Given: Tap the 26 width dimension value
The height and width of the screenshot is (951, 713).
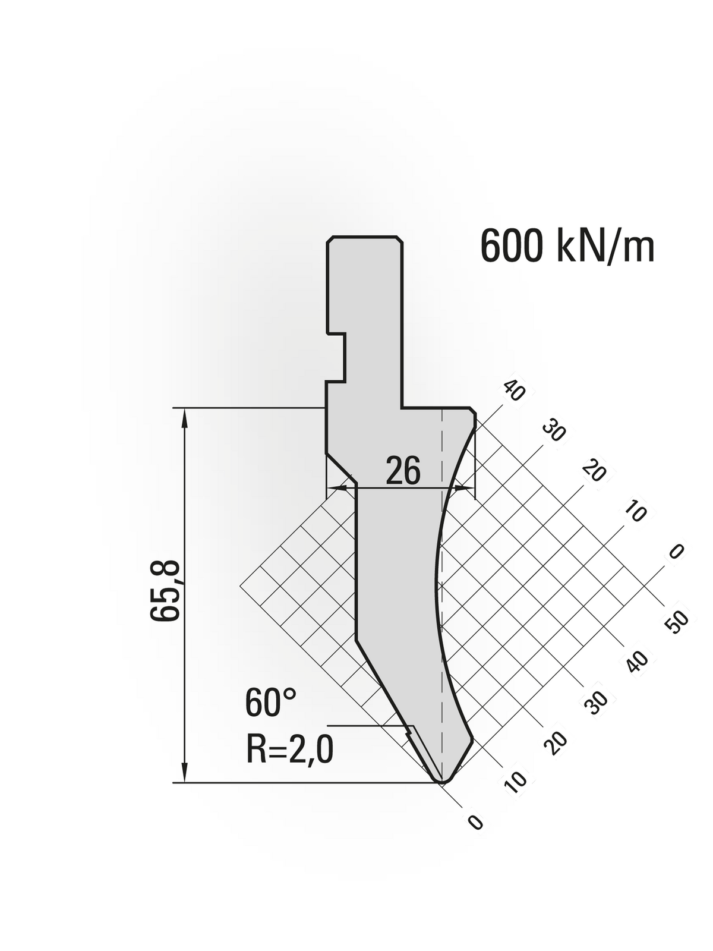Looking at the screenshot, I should coord(403,471).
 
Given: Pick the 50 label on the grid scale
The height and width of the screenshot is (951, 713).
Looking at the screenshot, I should coord(677,622).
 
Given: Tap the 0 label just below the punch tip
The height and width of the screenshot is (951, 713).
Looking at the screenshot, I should coord(475,822).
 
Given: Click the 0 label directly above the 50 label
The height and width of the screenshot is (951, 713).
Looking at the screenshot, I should coord(676,552).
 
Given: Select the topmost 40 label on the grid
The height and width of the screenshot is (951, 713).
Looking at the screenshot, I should coord(513,391).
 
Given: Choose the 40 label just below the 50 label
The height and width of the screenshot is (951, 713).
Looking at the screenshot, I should coord(636,661).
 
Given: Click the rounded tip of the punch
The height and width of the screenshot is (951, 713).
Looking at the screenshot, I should coord(442,778).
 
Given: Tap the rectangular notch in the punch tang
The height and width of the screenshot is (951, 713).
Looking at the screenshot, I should coord(336,356).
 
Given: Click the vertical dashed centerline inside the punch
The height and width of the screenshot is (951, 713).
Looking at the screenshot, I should coord(442,594).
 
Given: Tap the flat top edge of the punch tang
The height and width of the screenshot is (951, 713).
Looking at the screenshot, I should coord(364,237).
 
